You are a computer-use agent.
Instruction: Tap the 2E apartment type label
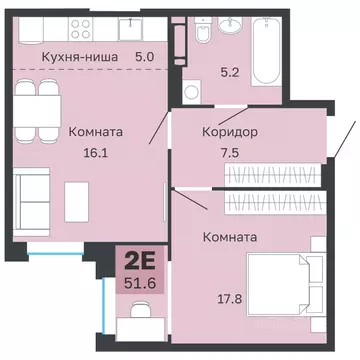tap(139, 265)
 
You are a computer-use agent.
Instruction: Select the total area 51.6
tap(139, 286)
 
